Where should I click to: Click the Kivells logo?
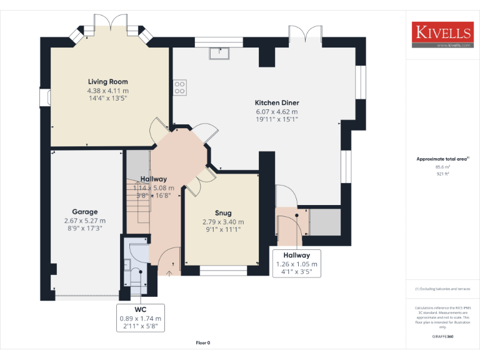pos(441,35)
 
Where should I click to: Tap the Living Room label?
pos(107,82)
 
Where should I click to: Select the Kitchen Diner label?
pos(276,102)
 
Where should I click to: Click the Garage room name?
pos(84,212)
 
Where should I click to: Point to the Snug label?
pos(223,212)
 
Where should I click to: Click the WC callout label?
pos(140,310)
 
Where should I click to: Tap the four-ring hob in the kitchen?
pos(179,87)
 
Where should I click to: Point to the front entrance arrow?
pos(171,272)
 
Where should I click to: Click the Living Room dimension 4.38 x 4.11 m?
pos(107,91)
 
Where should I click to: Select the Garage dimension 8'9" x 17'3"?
pos(84,229)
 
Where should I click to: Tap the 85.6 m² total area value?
pos(442,167)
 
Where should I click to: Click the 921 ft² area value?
pos(442,174)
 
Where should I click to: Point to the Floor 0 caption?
pos(203,342)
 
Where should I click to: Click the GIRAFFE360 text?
pos(442,337)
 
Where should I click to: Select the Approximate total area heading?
pos(441,159)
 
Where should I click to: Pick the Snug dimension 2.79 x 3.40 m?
pos(223,222)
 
